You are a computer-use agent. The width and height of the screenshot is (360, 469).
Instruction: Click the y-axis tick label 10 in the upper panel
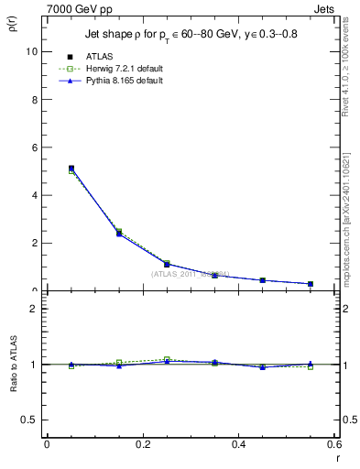[x=32, y=52]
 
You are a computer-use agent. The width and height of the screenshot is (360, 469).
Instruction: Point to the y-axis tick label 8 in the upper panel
[x=35, y=100]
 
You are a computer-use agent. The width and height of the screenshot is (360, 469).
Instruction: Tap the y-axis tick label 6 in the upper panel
[x=35, y=147]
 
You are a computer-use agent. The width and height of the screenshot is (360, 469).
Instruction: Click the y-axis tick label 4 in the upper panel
[x=35, y=195]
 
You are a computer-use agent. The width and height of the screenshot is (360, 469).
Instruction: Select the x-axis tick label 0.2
[x=142, y=444]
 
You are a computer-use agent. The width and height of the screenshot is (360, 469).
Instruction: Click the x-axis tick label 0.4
[x=238, y=444]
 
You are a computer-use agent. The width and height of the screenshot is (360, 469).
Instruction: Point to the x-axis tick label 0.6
[x=333, y=444]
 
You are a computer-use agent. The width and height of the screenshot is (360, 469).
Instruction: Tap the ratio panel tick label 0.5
[x=31, y=420]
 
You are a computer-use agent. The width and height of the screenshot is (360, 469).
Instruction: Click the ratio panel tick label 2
[x=35, y=309]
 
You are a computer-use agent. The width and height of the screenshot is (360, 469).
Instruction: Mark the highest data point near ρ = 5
[x=71, y=169]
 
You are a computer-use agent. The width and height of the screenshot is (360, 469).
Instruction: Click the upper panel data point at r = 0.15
[x=119, y=234]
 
